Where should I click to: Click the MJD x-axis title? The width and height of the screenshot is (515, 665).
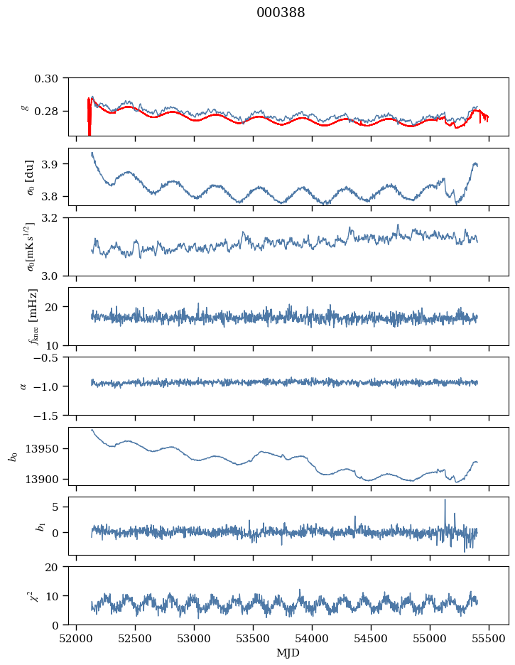coord(288,653)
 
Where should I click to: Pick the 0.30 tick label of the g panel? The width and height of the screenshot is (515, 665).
coord(51,77)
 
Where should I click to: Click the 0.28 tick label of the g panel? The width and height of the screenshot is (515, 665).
coord(51,112)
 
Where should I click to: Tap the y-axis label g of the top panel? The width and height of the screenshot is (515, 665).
coord(26,107)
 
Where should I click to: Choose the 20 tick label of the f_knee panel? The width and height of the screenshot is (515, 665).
coord(58,307)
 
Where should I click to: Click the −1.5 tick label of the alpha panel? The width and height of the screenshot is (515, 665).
coord(51,415)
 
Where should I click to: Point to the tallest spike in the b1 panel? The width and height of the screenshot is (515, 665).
coord(445,500)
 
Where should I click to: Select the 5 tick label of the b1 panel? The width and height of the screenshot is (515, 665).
coord(60,507)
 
